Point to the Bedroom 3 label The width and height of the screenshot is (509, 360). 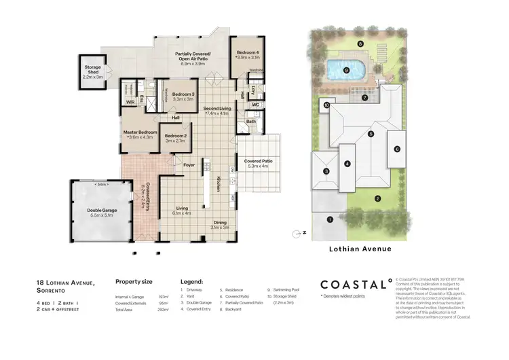[183, 94]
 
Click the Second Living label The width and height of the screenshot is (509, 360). [216, 109]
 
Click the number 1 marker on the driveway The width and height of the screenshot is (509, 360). [330, 219]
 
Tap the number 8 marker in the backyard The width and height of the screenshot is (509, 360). [360, 43]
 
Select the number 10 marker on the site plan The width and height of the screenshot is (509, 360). [326, 105]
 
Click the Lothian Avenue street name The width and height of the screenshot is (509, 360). [358, 249]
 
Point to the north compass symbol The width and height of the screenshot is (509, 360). [297, 234]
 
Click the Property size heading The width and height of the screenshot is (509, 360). [133, 281]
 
